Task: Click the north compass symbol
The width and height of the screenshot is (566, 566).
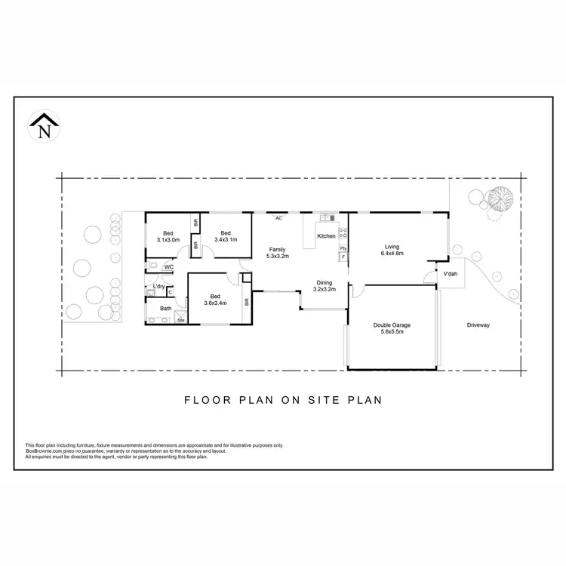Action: pyautogui.click(x=44, y=125)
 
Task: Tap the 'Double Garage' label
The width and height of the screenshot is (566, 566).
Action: pyautogui.click(x=391, y=325)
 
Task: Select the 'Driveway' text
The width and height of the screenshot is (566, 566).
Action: pyautogui.click(x=478, y=325)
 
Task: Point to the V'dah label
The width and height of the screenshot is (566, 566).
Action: pyautogui.click(x=451, y=274)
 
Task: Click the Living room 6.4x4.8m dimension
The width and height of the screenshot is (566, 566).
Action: pyautogui.click(x=392, y=254)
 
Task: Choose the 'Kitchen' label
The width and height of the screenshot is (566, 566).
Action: pyautogui.click(x=326, y=236)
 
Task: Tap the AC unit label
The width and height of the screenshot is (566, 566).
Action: pyautogui.click(x=278, y=218)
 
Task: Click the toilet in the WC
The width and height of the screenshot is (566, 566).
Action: pyautogui.click(x=152, y=266)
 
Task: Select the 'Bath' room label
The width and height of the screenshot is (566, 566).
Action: pyautogui.click(x=165, y=308)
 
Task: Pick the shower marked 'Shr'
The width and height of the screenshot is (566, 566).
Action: pyautogui.click(x=181, y=320)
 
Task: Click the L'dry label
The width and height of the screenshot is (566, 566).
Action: pyautogui.click(x=159, y=287)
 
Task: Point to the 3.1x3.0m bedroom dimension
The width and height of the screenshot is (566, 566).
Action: pyautogui.click(x=168, y=239)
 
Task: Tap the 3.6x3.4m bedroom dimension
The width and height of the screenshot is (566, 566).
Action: pyautogui.click(x=215, y=303)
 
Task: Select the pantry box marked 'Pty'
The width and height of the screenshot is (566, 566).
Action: pyautogui.click(x=343, y=248)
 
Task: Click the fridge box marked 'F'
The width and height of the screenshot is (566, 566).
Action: pyautogui.click(x=343, y=257)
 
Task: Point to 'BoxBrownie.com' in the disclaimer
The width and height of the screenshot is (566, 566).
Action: pyautogui.click(x=43, y=451)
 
